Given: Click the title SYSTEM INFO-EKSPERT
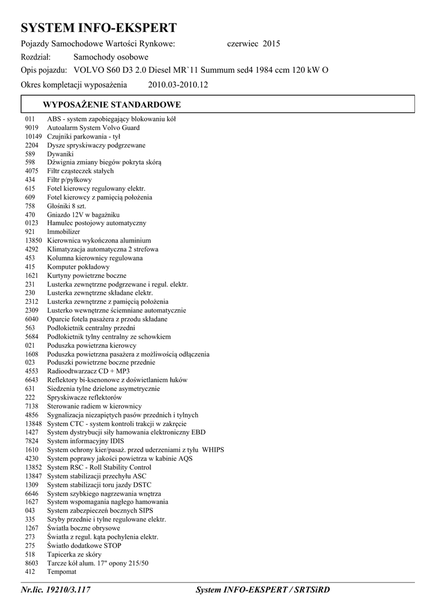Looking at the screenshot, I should [99, 28].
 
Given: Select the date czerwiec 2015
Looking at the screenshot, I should [253, 44].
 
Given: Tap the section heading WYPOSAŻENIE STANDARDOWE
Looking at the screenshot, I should [112, 105].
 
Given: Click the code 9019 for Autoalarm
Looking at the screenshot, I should [32, 128].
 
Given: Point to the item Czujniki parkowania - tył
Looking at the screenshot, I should [84, 137].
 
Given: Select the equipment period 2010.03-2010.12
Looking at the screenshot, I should [177, 85].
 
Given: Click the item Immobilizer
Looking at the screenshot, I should [63, 232].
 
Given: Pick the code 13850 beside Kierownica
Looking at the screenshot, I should [34, 241].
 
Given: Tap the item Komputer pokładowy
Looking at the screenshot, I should [78, 266].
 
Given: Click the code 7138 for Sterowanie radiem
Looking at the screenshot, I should [32, 406].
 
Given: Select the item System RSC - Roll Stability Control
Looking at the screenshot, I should [99, 467].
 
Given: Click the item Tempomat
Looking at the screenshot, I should [62, 571].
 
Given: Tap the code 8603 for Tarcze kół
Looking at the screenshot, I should [32, 563].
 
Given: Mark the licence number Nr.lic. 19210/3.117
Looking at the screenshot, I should [55, 591].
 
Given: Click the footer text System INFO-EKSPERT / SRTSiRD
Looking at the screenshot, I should [263, 591].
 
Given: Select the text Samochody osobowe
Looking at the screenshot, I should [111, 57].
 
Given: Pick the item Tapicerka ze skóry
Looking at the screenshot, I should [74, 554].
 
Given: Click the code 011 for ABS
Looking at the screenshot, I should [30, 119].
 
